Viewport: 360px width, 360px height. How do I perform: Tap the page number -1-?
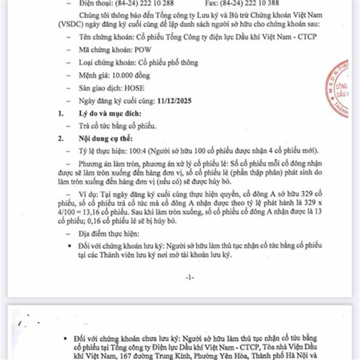coord(189,277)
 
